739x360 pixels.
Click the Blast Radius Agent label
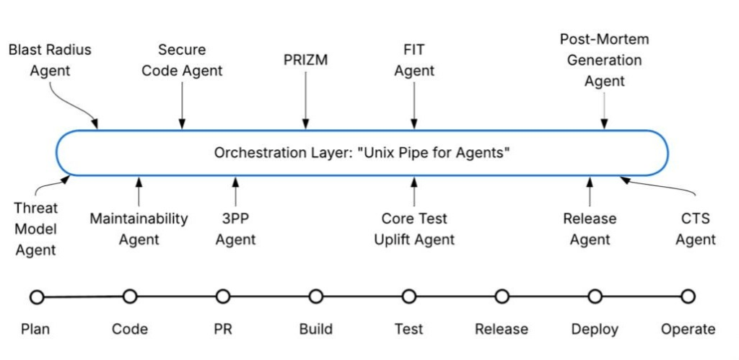[50, 61]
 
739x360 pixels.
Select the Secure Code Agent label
[182, 61]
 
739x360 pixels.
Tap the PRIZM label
[305, 60]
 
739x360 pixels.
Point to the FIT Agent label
[414, 61]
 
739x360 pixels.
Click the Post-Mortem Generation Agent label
[604, 60]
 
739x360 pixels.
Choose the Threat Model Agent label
[35, 229]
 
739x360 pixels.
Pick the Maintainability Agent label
[139, 229]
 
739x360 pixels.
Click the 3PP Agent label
[235, 229]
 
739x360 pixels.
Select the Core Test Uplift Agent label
[414, 229]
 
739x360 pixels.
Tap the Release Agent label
[590, 229]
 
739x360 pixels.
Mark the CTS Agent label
[695, 229]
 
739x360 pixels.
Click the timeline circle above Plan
[37, 297]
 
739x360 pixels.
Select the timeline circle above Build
[315, 297]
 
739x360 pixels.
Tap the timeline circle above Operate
[688, 297]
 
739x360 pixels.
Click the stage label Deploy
[595, 330]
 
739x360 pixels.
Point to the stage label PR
[222, 330]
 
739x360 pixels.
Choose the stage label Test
[408, 330]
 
